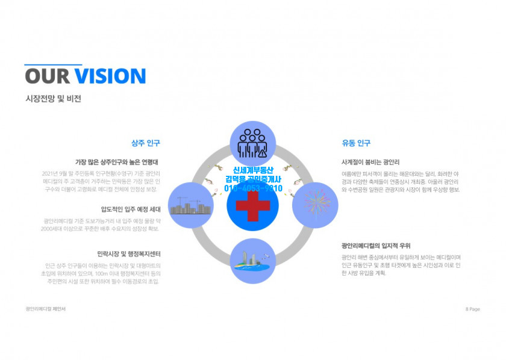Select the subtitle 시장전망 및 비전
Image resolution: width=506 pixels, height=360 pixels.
tap(53, 98)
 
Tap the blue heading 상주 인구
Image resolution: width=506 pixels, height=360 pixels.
tap(146, 143)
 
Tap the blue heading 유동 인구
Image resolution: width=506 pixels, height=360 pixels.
tap(356, 143)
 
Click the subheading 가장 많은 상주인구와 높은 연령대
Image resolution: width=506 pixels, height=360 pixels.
tap(117, 162)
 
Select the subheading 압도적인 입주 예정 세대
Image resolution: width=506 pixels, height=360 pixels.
tap(131, 209)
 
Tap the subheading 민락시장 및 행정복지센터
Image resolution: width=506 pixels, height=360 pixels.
tap(129, 254)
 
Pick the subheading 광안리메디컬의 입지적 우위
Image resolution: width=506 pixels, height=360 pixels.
tap(376, 246)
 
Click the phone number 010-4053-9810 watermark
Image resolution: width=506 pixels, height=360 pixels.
tap(253, 188)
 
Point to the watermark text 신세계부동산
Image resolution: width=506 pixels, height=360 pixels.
tap(253, 170)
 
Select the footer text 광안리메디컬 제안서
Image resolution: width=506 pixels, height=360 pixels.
tap(46, 309)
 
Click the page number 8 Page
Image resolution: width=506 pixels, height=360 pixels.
tap(472, 309)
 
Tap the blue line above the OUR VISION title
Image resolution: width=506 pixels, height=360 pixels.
tap(53, 64)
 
